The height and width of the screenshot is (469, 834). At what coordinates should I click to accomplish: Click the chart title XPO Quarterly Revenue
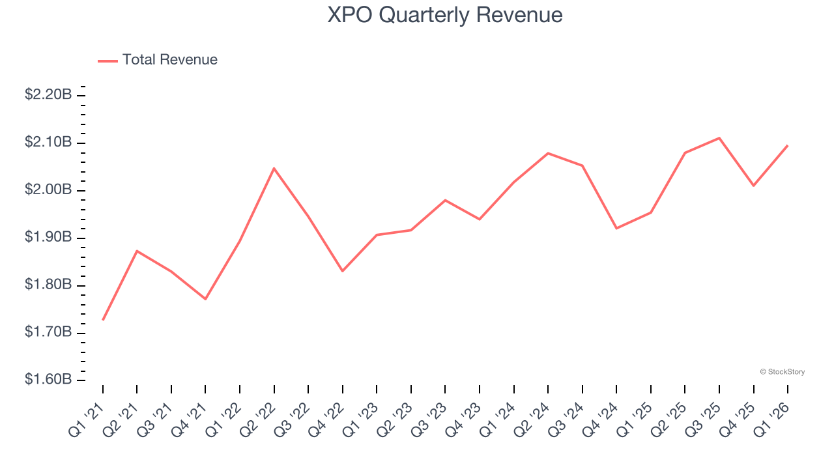click(444, 14)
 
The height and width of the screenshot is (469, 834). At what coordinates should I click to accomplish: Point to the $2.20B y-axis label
click(48, 95)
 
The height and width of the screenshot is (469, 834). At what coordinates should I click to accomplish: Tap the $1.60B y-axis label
click(48, 380)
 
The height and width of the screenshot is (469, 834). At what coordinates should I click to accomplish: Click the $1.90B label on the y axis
click(48, 237)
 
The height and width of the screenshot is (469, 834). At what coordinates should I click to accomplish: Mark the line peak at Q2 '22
click(274, 168)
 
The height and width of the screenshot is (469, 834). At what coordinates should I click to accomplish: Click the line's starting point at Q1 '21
click(103, 320)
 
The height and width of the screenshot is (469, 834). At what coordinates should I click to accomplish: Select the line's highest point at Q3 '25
click(719, 138)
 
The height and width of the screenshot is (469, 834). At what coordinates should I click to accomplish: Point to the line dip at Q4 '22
click(343, 271)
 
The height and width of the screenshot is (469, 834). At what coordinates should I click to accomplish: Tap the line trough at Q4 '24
click(616, 228)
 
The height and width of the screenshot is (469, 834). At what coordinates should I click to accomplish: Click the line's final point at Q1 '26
click(788, 145)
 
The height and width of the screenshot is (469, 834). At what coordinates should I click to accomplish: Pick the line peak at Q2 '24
click(548, 153)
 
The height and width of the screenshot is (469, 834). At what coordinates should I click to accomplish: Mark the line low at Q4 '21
click(205, 299)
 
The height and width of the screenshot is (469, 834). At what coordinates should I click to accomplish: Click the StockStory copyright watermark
click(782, 372)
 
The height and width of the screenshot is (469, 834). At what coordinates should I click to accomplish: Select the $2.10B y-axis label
click(48, 143)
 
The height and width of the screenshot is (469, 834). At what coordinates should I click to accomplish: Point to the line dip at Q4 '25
click(754, 186)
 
